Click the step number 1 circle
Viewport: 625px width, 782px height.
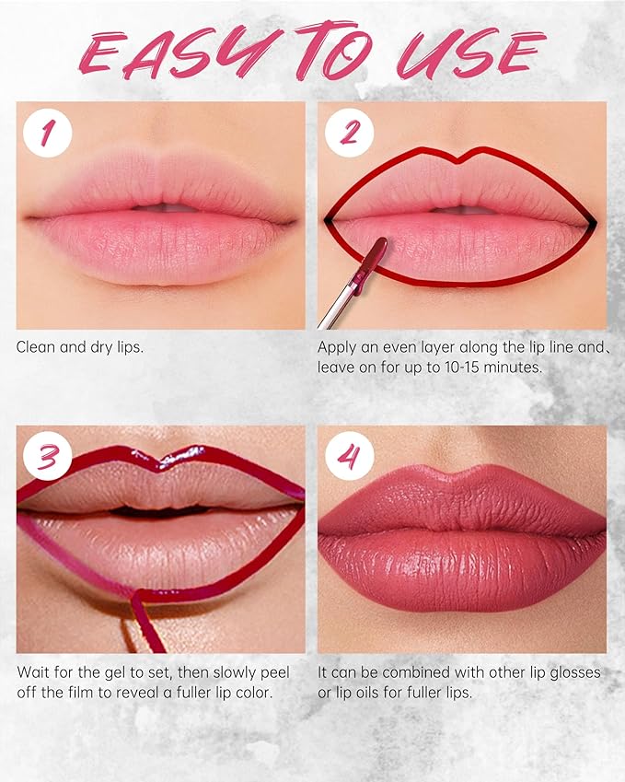48,134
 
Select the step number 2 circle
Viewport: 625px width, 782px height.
350,134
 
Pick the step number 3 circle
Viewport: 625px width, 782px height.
48,458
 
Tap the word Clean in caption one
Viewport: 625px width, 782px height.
36,347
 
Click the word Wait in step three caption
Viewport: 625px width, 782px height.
33,672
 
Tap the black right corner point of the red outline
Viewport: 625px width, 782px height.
592,221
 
